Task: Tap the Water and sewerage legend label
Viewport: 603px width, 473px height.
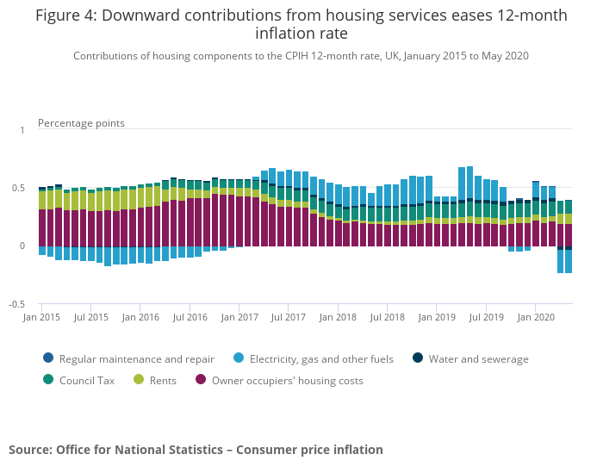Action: click(478, 358)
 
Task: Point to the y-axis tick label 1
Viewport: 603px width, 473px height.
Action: click(22, 129)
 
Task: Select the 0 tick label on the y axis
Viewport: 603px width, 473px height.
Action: click(22, 246)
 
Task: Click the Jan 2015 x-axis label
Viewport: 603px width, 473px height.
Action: click(42, 317)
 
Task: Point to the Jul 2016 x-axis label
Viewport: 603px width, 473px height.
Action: click(190, 317)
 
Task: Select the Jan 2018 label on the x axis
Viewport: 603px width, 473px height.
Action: click(339, 317)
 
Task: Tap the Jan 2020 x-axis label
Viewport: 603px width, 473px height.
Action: click(536, 317)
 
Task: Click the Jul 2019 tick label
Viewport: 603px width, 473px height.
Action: click(487, 317)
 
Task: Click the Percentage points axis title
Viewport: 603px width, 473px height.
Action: click(81, 123)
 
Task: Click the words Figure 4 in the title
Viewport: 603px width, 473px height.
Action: click(65, 16)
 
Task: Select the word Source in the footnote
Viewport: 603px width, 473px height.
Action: click(30, 450)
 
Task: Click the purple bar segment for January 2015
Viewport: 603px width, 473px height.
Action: click(42, 227)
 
